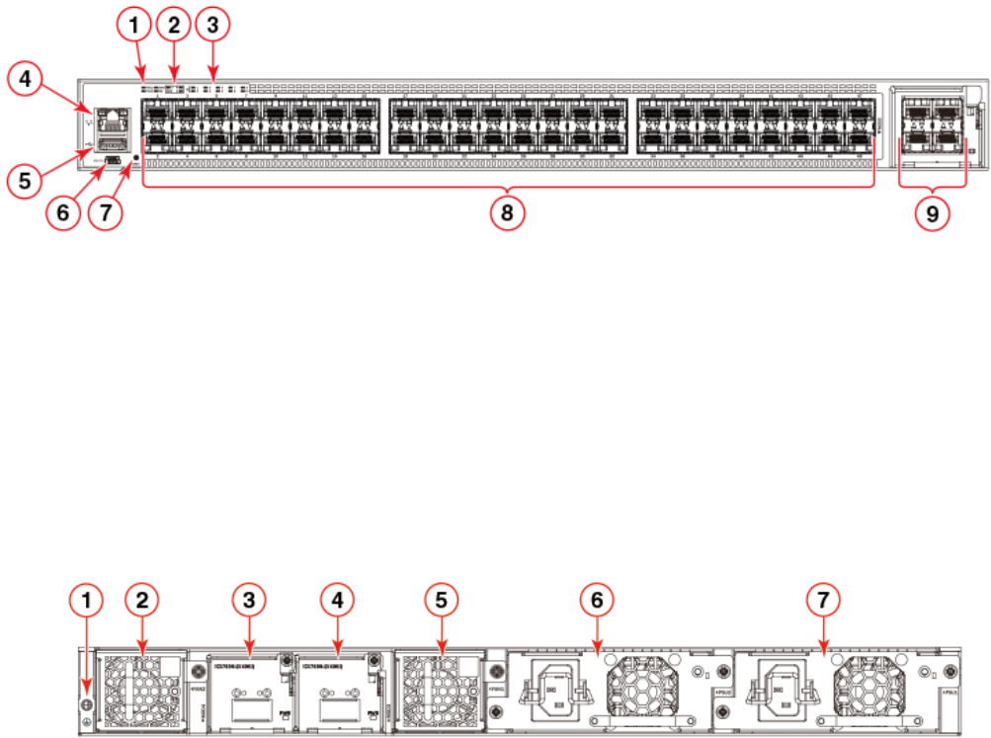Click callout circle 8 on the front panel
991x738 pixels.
[508, 211]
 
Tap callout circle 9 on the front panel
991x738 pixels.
[933, 211]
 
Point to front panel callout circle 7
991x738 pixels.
[108, 211]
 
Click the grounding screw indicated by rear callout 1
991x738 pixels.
[86, 704]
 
